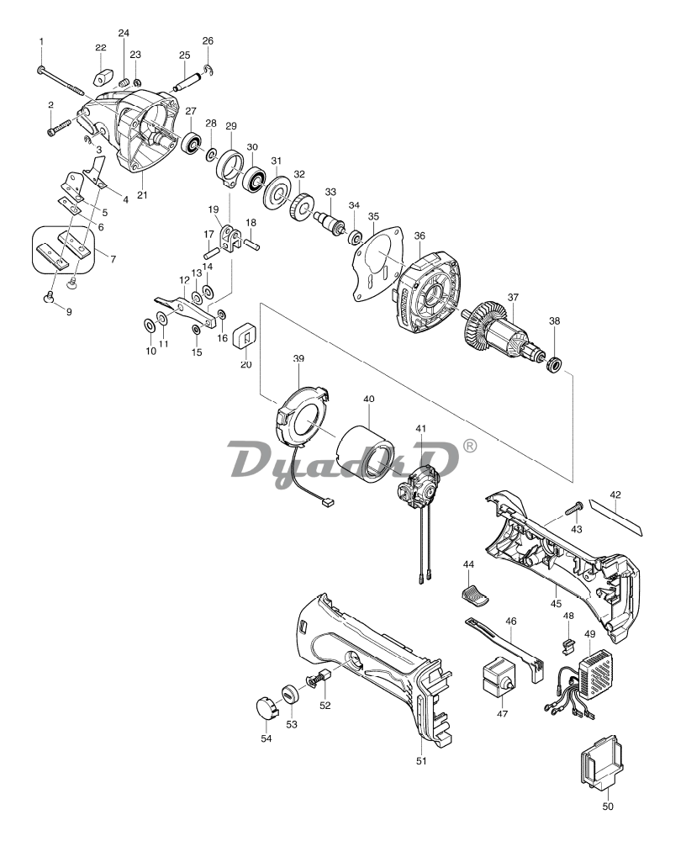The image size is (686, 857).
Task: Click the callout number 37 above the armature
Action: pos(513,298)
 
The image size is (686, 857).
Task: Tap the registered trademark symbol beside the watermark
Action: pos(470,447)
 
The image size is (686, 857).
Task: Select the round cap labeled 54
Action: pos(267,707)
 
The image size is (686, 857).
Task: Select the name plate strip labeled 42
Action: pos(617,516)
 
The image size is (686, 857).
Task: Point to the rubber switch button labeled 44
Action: pos(475,594)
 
